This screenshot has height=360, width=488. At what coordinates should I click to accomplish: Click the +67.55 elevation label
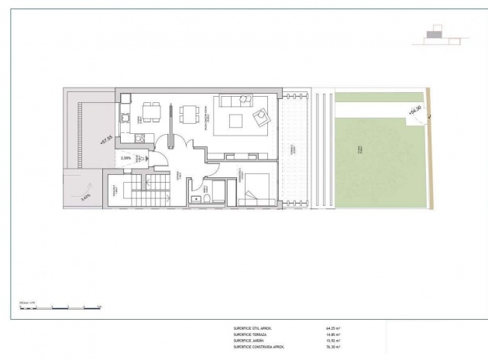point(106,140)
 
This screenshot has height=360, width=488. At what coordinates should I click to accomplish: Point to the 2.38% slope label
point(126,158)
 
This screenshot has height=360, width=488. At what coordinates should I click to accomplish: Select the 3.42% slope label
point(84,196)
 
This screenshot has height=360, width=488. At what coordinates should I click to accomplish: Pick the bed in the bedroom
point(256,190)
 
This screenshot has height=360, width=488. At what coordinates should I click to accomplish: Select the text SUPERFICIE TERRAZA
point(251,334)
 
